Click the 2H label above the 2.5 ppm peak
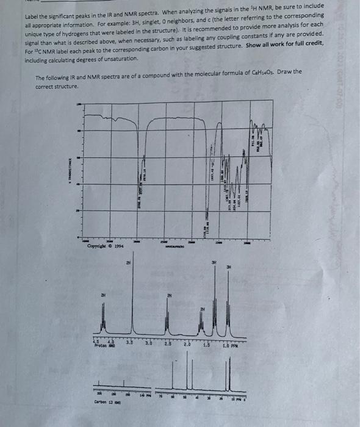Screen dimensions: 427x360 [x=170, y=296]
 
